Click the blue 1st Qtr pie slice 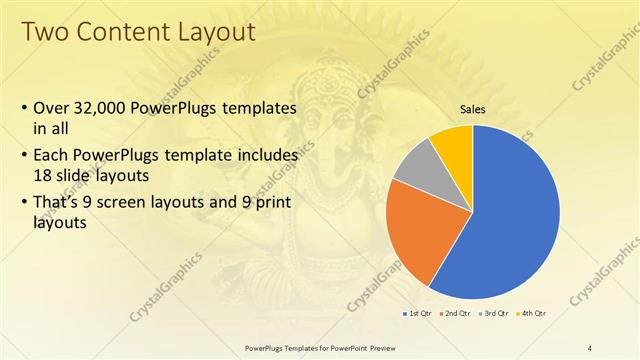pyautogui.click(x=510, y=220)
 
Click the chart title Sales pyautogui.click(x=473, y=109)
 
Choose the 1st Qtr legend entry pyautogui.click(x=417, y=313)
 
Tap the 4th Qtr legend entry pyautogui.click(x=534, y=313)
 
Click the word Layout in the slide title pyautogui.click(x=213, y=33)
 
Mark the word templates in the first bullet pyautogui.click(x=257, y=106)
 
